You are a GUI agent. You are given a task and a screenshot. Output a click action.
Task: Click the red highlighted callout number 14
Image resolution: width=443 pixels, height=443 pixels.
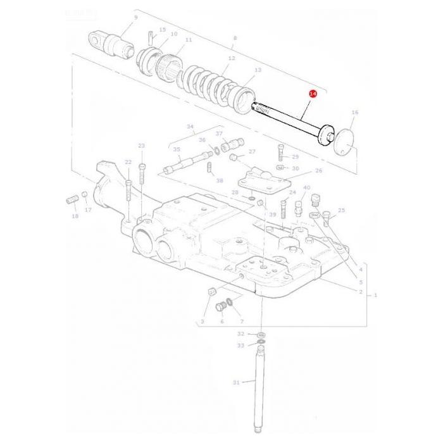point(312,94)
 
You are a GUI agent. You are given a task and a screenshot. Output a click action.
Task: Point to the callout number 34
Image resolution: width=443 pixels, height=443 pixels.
point(190,126)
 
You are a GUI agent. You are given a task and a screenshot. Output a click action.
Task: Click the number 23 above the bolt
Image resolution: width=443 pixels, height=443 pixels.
point(141,146)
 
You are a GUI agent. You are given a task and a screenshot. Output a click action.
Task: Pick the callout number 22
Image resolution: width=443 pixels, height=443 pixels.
point(128,163)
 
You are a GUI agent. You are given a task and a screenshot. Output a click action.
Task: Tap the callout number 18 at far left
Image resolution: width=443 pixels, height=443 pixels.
point(75,216)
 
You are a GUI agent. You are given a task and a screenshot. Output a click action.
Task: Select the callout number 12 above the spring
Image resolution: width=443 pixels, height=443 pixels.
point(232,58)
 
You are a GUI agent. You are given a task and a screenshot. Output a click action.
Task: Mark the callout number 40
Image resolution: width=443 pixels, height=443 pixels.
point(307,188)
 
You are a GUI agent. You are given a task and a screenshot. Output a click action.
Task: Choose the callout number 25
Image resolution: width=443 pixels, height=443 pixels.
point(341,210)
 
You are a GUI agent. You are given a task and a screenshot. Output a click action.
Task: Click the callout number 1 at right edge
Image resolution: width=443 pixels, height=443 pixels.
point(375,296)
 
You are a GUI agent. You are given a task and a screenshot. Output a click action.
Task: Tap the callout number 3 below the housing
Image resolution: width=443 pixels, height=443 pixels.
point(203,321)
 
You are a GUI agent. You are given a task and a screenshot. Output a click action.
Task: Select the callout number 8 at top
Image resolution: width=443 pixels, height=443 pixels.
point(235,38)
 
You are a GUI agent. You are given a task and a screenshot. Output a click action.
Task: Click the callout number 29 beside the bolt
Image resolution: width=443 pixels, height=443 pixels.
point(295,156)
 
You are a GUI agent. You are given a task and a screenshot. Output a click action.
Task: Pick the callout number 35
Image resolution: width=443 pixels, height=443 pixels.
point(177,150)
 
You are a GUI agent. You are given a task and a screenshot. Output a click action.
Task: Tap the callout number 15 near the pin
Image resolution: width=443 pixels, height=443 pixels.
point(163,30)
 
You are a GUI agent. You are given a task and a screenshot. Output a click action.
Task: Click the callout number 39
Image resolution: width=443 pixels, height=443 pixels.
point(272,215)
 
